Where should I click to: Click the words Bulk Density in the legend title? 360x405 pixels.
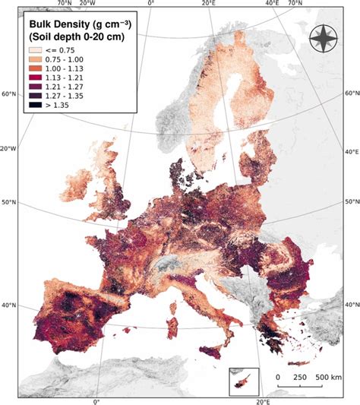[57, 24]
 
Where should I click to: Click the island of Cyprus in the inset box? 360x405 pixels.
[244, 380]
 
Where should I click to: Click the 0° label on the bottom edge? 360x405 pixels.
[96, 400]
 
